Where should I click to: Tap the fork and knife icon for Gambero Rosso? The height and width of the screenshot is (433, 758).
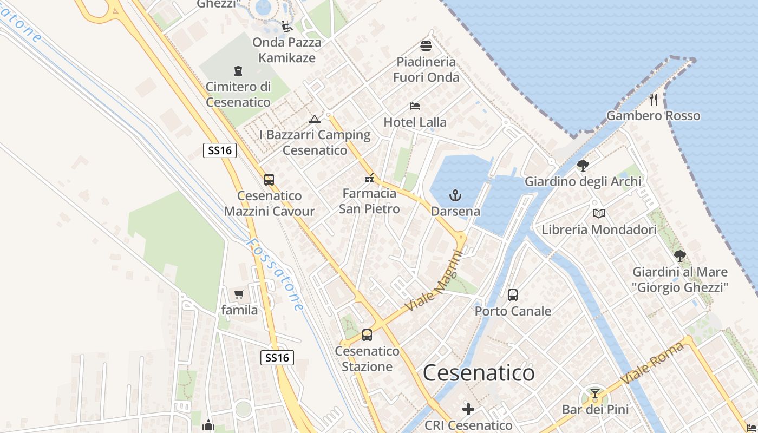coord(654,99)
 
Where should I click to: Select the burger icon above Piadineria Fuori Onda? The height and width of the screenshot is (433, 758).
coord(426,46)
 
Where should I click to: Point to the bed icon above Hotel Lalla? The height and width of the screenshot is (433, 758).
coord(415,106)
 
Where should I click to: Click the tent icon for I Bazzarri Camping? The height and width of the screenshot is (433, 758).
coord(314,119)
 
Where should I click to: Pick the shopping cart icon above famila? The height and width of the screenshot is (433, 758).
coord(239,294)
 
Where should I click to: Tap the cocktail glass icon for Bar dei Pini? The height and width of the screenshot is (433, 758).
coord(595,393)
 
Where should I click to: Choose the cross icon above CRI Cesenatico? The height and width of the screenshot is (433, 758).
coord(468,409)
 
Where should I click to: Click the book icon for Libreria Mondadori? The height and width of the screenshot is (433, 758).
coord(598,214)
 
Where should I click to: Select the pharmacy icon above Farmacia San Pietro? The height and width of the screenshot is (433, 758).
coord(370,178)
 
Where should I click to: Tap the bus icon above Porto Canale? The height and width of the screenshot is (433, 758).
coord(513,295)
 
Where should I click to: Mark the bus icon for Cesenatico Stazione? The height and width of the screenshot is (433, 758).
coord(367,335)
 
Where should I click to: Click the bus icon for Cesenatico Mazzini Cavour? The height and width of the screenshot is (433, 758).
coord(269,180)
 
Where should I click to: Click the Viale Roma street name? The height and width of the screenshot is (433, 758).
coord(652,363)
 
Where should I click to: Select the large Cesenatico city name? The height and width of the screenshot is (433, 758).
coord(479,373)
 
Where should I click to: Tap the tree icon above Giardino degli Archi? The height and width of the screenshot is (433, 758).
coord(583,166)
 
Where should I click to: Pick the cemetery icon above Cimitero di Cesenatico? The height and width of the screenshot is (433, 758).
coord(238,71)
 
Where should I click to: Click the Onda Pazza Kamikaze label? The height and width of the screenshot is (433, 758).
coord(287,50)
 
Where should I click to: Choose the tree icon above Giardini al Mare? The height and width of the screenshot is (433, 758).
coord(680,256)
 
